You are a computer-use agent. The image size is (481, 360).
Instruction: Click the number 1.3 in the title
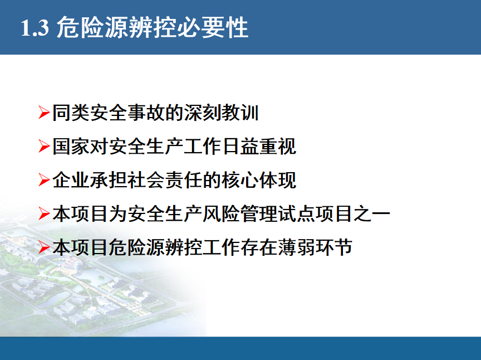(35, 28)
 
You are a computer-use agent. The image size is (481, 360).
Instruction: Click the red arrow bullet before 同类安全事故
(44, 112)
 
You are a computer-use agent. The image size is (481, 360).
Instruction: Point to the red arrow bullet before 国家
(44, 146)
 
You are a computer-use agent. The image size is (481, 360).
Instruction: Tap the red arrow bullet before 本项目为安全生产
(44, 213)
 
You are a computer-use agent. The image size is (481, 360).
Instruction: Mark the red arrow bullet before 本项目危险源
(44, 247)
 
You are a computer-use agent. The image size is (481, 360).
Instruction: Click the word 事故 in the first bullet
(146, 113)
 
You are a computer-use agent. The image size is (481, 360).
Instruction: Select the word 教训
(240, 113)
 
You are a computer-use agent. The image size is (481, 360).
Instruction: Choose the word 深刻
(203, 113)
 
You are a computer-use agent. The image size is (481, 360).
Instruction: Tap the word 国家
(71, 146)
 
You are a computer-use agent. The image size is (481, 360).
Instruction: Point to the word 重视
(278, 146)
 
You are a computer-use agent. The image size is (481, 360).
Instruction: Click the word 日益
(240, 146)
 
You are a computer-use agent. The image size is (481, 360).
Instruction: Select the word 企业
(71, 180)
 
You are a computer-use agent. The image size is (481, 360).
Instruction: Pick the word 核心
(240, 180)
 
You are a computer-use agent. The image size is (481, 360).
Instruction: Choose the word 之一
(371, 214)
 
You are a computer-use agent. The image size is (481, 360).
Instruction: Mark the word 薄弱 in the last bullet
(296, 247)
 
